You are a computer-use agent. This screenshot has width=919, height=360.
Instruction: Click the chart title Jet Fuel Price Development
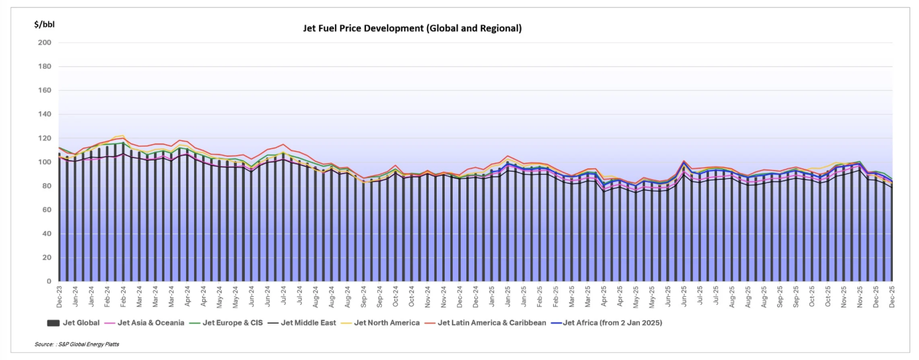[x=412, y=28]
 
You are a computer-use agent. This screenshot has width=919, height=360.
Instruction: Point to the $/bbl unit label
[x=44, y=24]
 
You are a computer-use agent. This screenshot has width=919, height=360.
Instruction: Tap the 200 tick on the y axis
[x=45, y=43]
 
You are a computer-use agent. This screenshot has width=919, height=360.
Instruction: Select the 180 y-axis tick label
[x=45, y=67]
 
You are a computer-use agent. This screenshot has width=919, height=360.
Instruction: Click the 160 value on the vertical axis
[x=45, y=90]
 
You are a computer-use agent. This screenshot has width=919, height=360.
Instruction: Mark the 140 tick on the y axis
[x=45, y=114]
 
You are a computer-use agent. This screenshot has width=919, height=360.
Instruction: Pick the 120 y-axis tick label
[x=45, y=138]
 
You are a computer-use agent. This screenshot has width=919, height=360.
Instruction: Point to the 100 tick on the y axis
[x=45, y=162]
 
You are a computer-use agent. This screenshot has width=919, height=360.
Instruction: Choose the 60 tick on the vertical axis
[x=46, y=210]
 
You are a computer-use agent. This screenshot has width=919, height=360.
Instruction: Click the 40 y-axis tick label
[x=46, y=234]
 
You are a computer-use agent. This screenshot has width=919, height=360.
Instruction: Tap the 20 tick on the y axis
[x=46, y=258]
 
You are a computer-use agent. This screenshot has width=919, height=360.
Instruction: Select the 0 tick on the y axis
[x=49, y=281]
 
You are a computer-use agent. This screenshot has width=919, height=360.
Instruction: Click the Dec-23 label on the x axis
[x=59, y=297]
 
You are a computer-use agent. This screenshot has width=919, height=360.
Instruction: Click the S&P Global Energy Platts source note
[x=77, y=345]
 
